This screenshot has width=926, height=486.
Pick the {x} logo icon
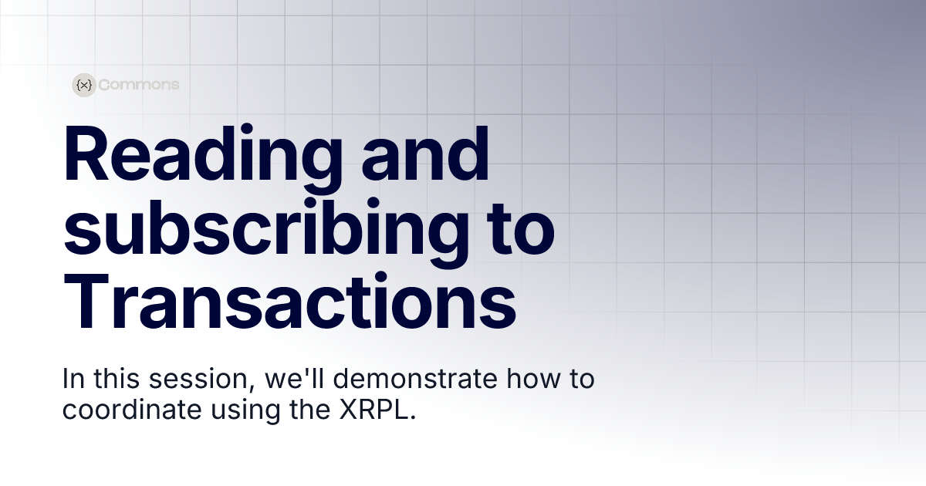coord(83,85)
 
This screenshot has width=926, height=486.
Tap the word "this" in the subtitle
coord(117,380)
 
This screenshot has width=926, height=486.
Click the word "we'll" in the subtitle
coord(295,380)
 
